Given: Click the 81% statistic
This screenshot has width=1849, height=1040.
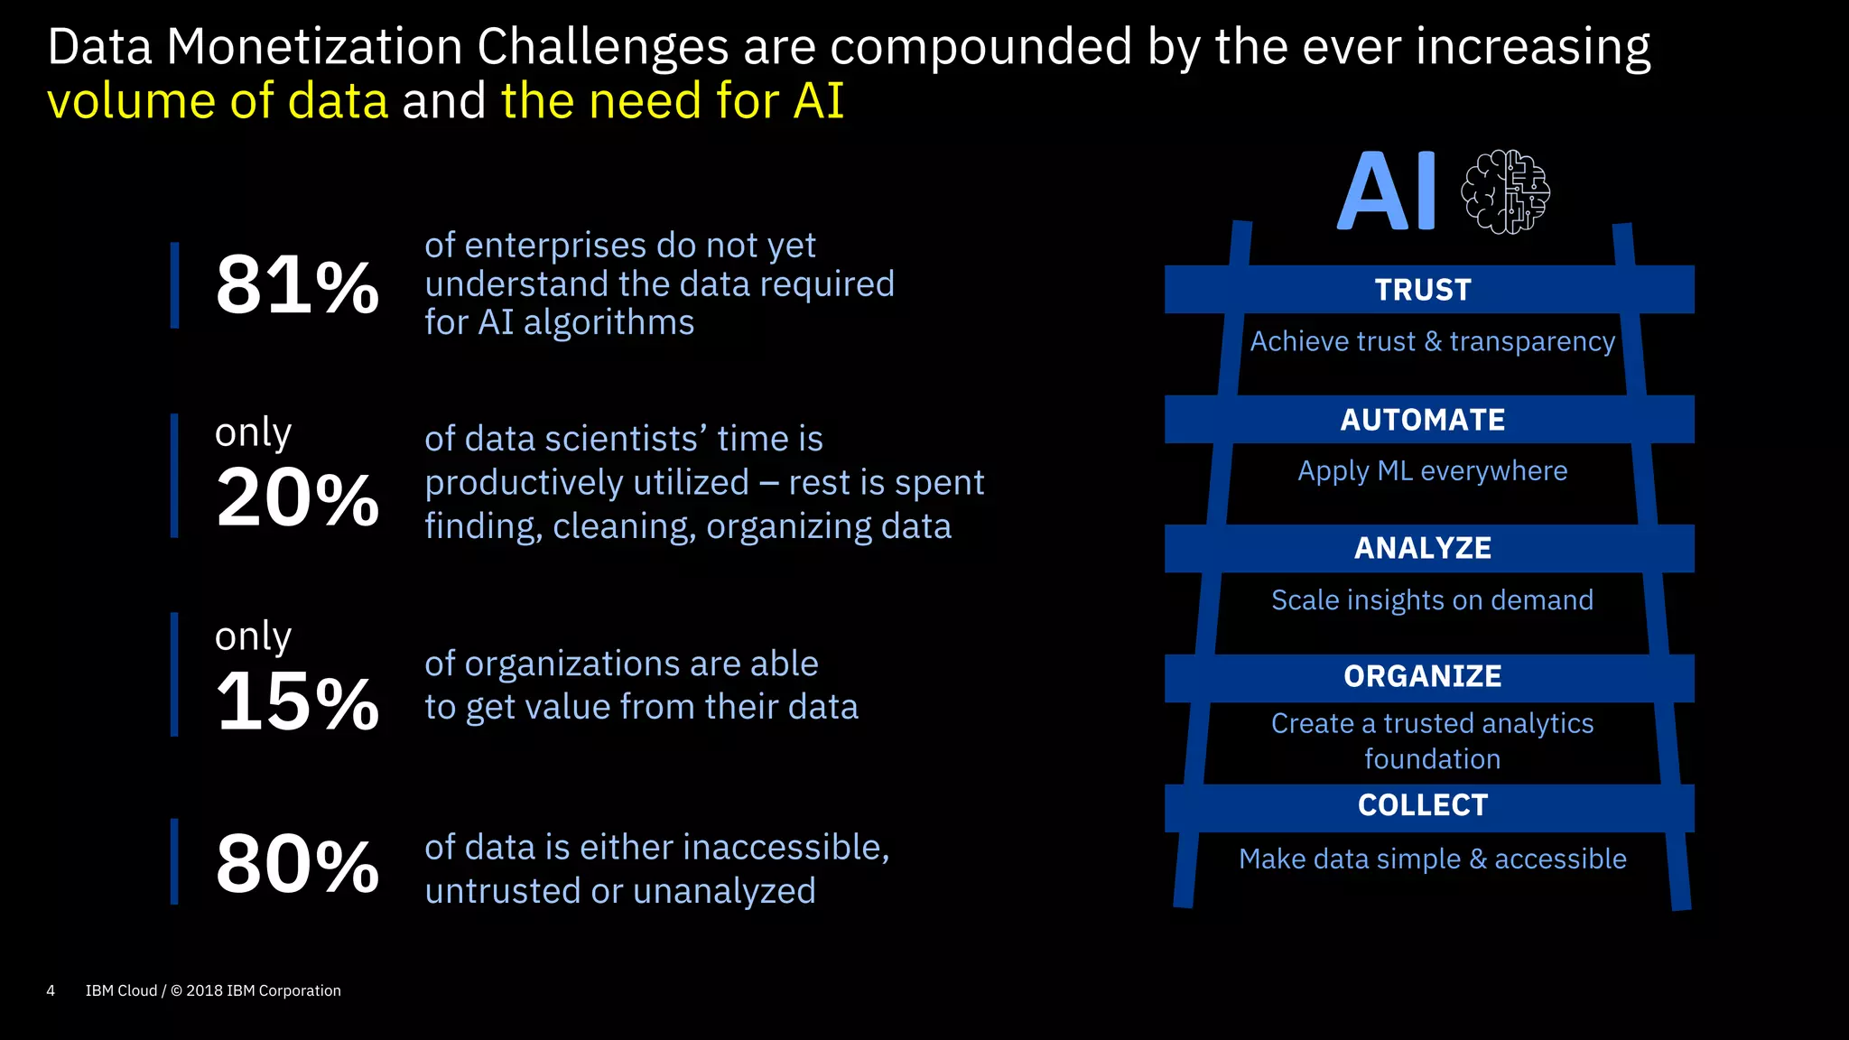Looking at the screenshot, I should pyautogui.click(x=297, y=285).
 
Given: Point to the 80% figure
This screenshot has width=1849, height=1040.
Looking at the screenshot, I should pyautogui.click(x=297, y=864).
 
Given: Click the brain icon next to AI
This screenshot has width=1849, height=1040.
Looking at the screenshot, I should pyautogui.click(x=1505, y=191).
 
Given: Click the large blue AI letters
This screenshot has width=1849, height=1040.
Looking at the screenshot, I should pyautogui.click(x=1387, y=191).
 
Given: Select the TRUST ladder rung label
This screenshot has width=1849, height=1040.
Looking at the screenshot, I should pyautogui.click(x=1423, y=290).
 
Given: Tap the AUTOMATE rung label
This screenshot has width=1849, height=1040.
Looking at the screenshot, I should pyautogui.click(x=1423, y=420).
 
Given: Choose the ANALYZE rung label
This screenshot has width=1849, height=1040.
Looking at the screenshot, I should pyautogui.click(x=1423, y=548).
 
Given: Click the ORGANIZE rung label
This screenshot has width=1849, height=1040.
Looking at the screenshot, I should pyautogui.click(x=1423, y=676).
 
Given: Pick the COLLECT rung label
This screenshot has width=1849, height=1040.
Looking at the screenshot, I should pyautogui.click(x=1423, y=805).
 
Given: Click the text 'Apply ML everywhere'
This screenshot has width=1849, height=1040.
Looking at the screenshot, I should pyautogui.click(x=1432, y=471).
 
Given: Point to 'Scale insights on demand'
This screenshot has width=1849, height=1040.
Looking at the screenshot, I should pyautogui.click(x=1432, y=600).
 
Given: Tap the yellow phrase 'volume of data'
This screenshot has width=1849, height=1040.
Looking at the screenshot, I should pyautogui.click(x=218, y=100).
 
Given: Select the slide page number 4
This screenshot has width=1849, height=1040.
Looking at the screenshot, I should pyautogui.click(x=51, y=990).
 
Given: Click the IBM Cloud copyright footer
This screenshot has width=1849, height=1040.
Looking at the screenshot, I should pyautogui.click(x=213, y=990).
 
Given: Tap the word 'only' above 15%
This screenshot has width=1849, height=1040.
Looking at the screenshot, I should pyautogui.click(x=253, y=637).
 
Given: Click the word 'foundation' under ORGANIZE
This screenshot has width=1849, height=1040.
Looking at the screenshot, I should pyautogui.click(x=1432, y=759).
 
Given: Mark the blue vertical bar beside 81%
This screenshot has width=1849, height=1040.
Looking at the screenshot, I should pyautogui.click(x=174, y=285).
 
